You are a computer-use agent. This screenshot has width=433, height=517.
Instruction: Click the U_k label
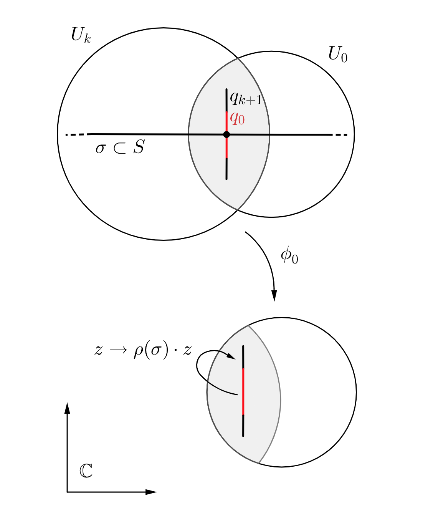(81, 35)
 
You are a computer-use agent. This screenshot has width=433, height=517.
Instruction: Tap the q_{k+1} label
(246, 98)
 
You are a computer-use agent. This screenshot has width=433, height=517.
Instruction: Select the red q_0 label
(237, 118)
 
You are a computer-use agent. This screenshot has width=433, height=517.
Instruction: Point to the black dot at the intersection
(226, 134)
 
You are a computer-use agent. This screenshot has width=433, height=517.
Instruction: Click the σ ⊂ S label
(120, 147)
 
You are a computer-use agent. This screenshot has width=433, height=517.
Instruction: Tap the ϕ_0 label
(289, 255)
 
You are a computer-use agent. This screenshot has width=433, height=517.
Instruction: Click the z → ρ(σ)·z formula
(143, 350)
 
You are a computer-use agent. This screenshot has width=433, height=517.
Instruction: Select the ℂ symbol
(86, 471)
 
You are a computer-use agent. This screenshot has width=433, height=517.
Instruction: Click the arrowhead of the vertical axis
(67, 408)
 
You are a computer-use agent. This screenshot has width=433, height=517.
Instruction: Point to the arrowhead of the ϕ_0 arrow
(274, 296)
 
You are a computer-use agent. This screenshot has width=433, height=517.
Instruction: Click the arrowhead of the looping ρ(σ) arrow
(231, 357)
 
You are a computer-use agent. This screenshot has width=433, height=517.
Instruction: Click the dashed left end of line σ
(75, 135)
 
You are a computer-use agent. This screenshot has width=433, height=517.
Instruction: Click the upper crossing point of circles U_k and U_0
(238, 58)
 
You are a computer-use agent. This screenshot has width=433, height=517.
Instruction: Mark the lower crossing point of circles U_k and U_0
(238, 210)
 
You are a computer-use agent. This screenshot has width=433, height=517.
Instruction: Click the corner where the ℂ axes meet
(67, 492)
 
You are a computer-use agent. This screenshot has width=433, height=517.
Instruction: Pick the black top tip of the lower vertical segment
(243, 346)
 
